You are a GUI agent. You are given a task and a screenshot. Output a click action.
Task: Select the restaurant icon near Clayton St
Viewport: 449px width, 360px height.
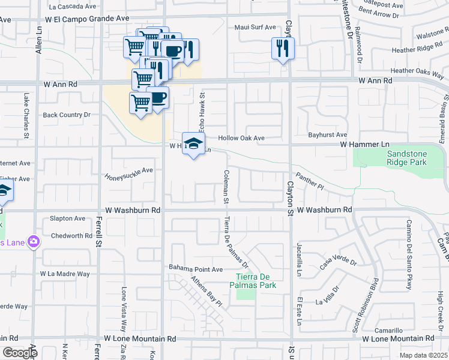(x=283, y=49)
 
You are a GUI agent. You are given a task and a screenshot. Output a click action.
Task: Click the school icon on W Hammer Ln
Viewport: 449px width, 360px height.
(x=193, y=144)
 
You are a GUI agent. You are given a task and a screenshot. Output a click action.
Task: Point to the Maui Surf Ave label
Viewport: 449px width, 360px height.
(x=255, y=27)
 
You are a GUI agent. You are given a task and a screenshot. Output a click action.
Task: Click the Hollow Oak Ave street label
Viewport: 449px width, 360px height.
(x=241, y=138)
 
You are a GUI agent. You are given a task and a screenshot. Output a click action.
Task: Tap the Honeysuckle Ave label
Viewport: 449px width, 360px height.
(x=129, y=173)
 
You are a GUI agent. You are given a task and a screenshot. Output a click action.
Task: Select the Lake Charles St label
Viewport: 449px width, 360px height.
(x=26, y=115)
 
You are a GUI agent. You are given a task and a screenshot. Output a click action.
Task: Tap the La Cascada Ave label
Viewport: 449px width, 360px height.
(x=73, y=7)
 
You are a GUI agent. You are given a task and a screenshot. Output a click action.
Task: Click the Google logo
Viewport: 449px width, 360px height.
(x=20, y=353)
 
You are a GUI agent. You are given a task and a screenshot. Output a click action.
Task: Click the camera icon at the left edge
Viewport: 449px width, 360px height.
(x=33, y=241)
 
